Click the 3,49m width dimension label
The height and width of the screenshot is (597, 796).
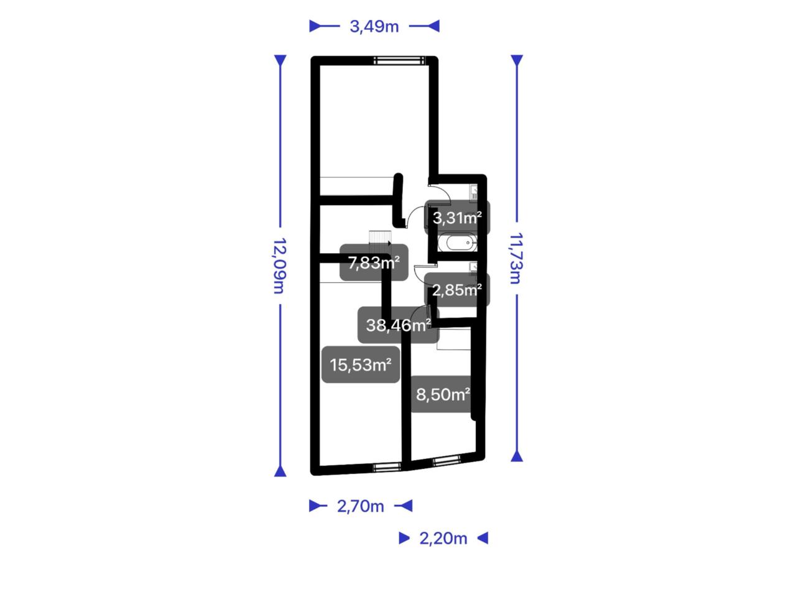coord(374,27)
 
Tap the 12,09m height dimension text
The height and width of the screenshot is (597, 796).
coord(279,266)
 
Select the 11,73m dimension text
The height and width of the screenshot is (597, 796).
coord(516,259)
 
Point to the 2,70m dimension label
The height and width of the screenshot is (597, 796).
coord(360,506)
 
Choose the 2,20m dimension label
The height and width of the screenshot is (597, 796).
coord(443,539)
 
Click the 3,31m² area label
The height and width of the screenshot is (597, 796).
coord(457,218)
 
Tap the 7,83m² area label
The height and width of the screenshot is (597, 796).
coord(374,262)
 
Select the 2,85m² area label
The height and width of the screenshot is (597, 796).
coord(457,290)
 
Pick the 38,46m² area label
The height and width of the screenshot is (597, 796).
coord(398,325)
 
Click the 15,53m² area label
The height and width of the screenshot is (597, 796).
coord(361,364)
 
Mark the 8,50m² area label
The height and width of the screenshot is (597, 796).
coord(443,394)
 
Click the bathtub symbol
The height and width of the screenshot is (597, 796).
coord(457,243)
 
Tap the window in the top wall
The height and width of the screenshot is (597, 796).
coord(399,60)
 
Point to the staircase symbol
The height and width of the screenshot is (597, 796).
coord(380,242)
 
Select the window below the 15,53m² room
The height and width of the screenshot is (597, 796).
coord(387,468)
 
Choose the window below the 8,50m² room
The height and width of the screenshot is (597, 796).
coord(447,460)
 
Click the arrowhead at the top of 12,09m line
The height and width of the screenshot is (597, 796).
coord(280,60)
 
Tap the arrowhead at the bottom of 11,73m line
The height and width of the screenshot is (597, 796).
coord(517,456)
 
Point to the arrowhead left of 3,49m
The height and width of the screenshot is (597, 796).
coord(315,26)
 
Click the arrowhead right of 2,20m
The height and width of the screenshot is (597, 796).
coord(483,538)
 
